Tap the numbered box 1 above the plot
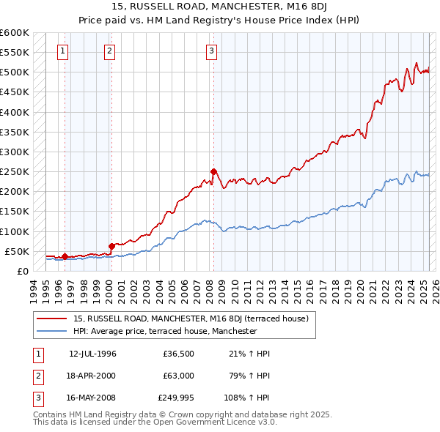click(63, 51)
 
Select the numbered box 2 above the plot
click(109, 51)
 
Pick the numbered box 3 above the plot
click(211, 51)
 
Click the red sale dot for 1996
click(65, 256)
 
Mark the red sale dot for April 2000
click(111, 246)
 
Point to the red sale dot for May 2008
click(213, 171)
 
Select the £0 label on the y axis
click(22, 271)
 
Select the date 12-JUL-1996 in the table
click(92, 353)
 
